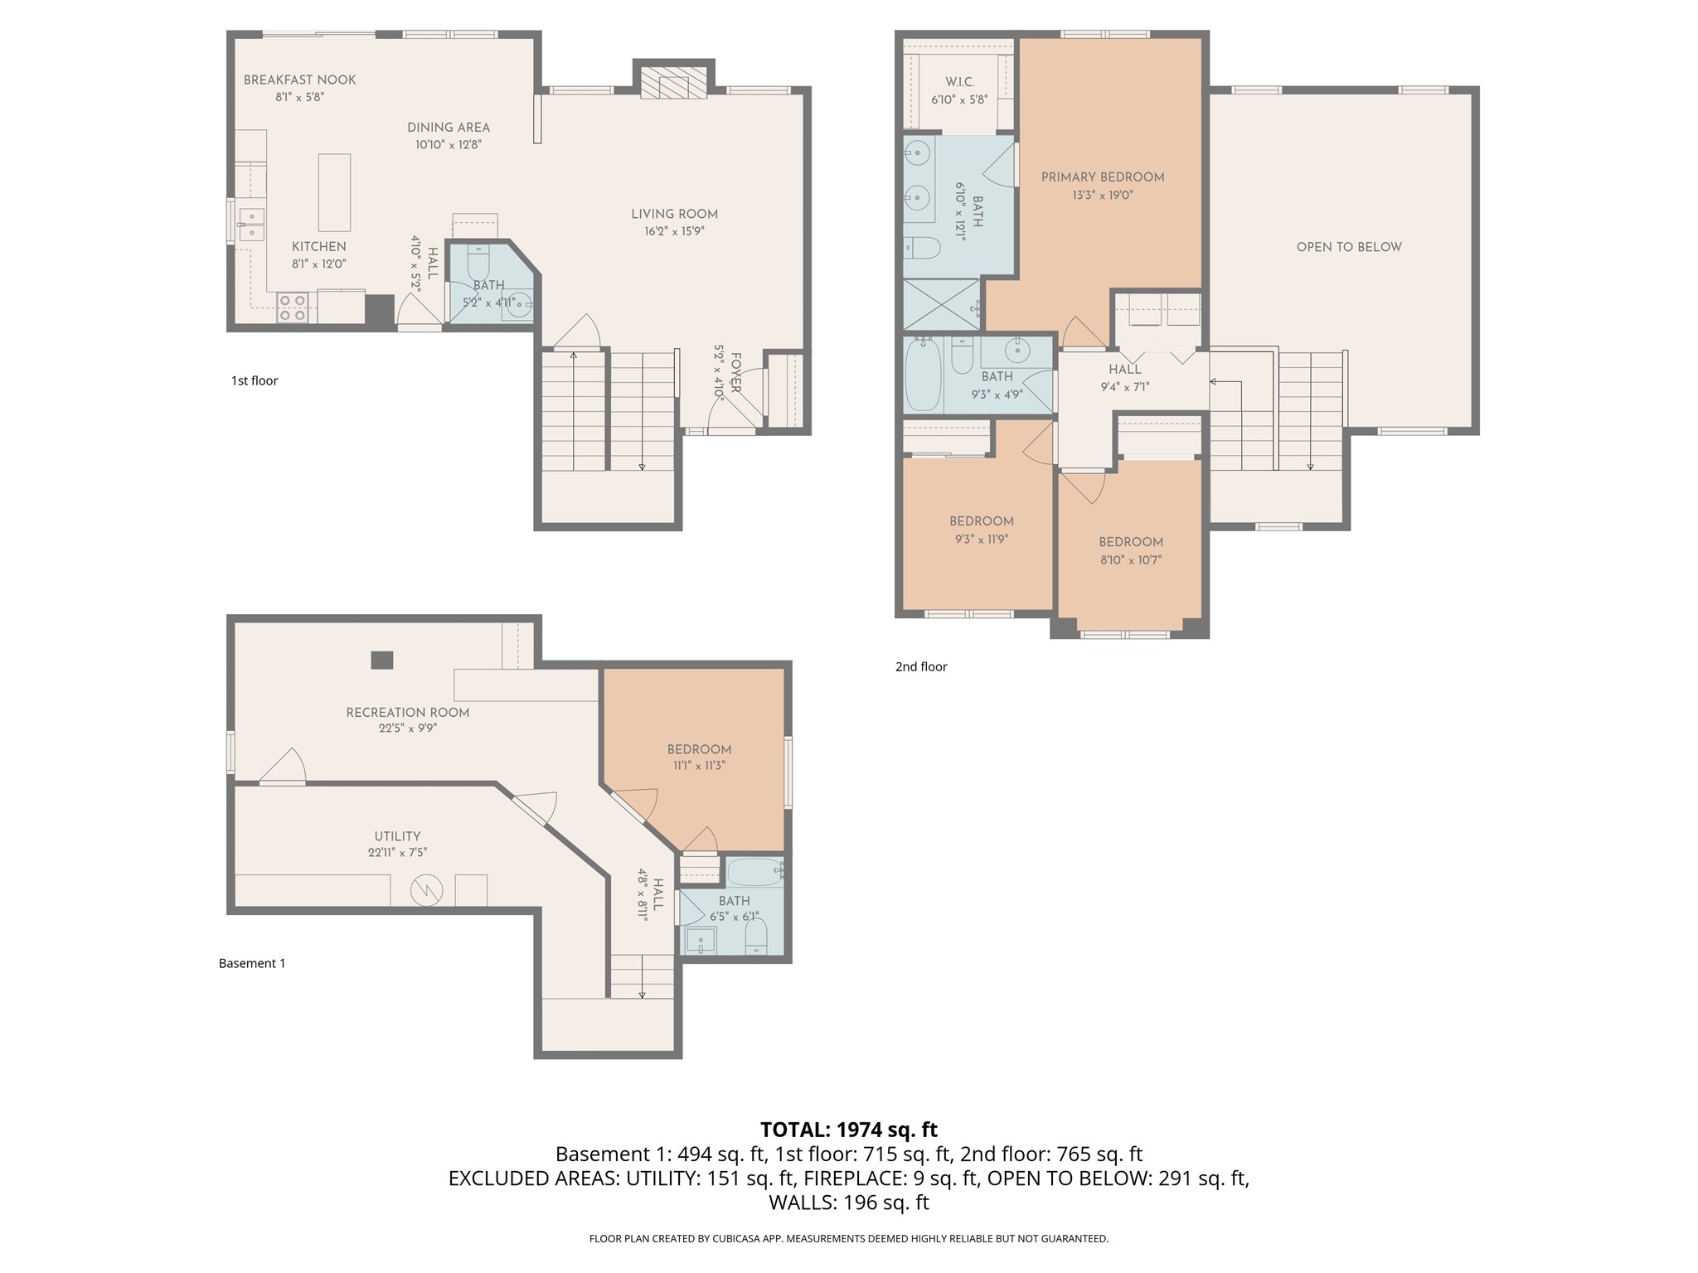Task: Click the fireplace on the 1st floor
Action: point(673,80)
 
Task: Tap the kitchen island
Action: point(334,192)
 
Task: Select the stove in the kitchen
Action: point(293,307)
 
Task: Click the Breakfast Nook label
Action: point(299,80)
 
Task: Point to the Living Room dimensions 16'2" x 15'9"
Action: point(674,231)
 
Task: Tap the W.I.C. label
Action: point(959,82)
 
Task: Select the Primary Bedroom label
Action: point(1103,177)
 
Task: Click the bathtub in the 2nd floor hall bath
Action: point(923,375)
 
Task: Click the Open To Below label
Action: point(1349,247)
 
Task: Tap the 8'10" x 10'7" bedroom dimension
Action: point(1131,559)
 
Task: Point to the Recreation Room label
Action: point(408,713)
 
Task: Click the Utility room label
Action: point(397,836)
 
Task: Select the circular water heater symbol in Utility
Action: point(428,890)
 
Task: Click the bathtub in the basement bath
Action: point(754,872)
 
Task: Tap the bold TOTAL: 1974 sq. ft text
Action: point(849,1130)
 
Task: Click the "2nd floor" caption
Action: point(921,666)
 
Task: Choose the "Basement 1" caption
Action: point(252,963)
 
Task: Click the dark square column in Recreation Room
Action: point(381,660)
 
